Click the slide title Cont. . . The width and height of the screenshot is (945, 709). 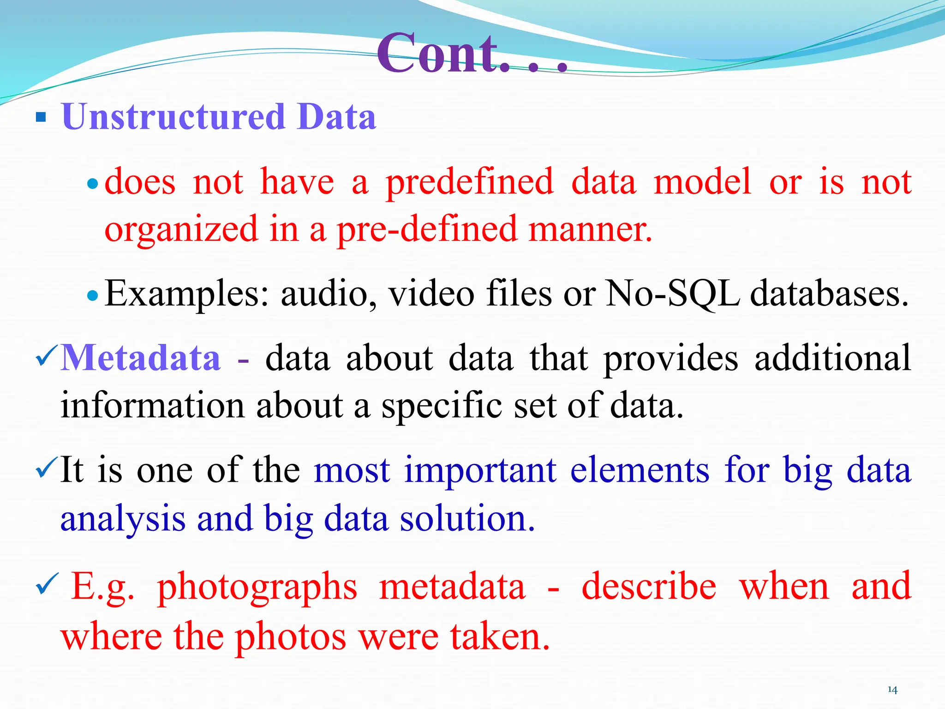pyautogui.click(x=471, y=53)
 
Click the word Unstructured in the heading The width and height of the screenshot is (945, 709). pyautogui.click(x=173, y=117)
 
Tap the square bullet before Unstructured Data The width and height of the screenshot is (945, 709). pyautogui.click(x=41, y=117)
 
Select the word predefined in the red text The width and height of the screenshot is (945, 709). pyautogui.click(x=469, y=182)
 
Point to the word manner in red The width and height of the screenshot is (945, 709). pyautogui.click(x=590, y=229)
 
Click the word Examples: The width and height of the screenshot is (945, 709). pyautogui.click(x=187, y=294)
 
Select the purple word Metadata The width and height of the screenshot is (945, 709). pyautogui.click(x=141, y=358)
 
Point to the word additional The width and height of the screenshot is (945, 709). pyautogui.click(x=832, y=358)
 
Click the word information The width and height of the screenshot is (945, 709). pyautogui.click(x=152, y=405)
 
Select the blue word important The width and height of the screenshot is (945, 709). pyautogui.click(x=480, y=471)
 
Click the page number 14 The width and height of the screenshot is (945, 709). pyautogui.click(x=892, y=690)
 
